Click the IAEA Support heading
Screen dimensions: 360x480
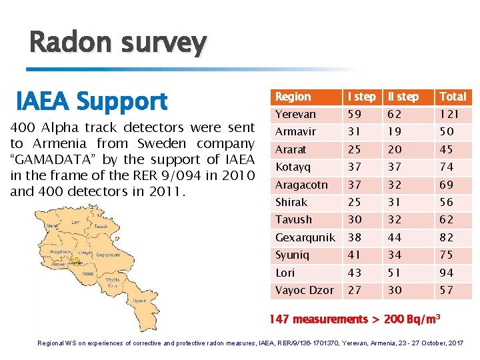click(x=91, y=101)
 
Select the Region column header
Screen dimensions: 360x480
click(x=293, y=97)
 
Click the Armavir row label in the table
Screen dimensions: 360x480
click(x=295, y=132)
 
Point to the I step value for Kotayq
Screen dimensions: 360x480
click(x=355, y=167)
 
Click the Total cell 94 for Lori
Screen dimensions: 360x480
click(x=447, y=273)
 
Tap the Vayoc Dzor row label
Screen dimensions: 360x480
click(x=305, y=291)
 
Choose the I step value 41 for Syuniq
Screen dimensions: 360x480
click(x=355, y=255)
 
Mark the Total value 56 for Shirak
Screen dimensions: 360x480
click(x=447, y=202)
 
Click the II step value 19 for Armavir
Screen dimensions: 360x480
click(x=397, y=132)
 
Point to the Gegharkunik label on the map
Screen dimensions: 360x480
click(x=107, y=255)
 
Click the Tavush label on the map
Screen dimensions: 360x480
click(x=101, y=226)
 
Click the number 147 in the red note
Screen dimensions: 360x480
click(x=281, y=320)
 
